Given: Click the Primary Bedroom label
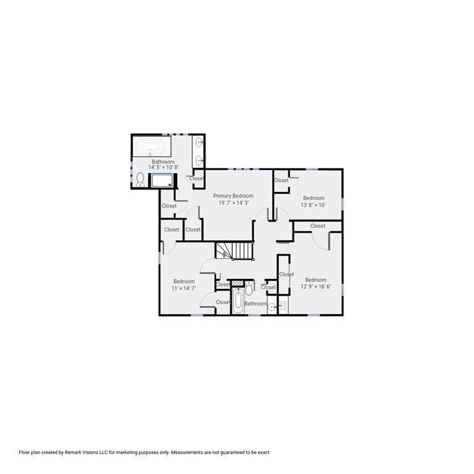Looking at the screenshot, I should coord(233,196).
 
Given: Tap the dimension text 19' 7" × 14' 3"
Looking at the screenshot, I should coord(233,202).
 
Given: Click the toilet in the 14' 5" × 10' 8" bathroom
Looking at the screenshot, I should coord(141,179).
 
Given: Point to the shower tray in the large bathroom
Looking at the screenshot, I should coord(164,181).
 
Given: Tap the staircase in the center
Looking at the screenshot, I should coord(235,251).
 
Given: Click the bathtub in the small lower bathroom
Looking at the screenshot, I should coord(238,302).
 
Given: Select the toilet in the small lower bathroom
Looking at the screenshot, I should coord(249,288).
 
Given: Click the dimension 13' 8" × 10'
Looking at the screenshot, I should coord(314,205).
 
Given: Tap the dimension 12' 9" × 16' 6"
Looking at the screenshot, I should coord(315,286).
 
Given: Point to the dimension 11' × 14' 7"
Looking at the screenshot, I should coord(184,288).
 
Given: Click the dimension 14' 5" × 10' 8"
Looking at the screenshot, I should coord(164,167).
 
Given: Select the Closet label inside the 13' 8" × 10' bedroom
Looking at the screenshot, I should coord(281,180).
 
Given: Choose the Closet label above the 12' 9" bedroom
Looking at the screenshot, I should coord(318,226).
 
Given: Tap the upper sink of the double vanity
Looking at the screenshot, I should coord(199,144).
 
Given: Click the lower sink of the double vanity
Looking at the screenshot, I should coord(199,160).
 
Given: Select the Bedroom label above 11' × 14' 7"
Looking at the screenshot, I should coord(184,281).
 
